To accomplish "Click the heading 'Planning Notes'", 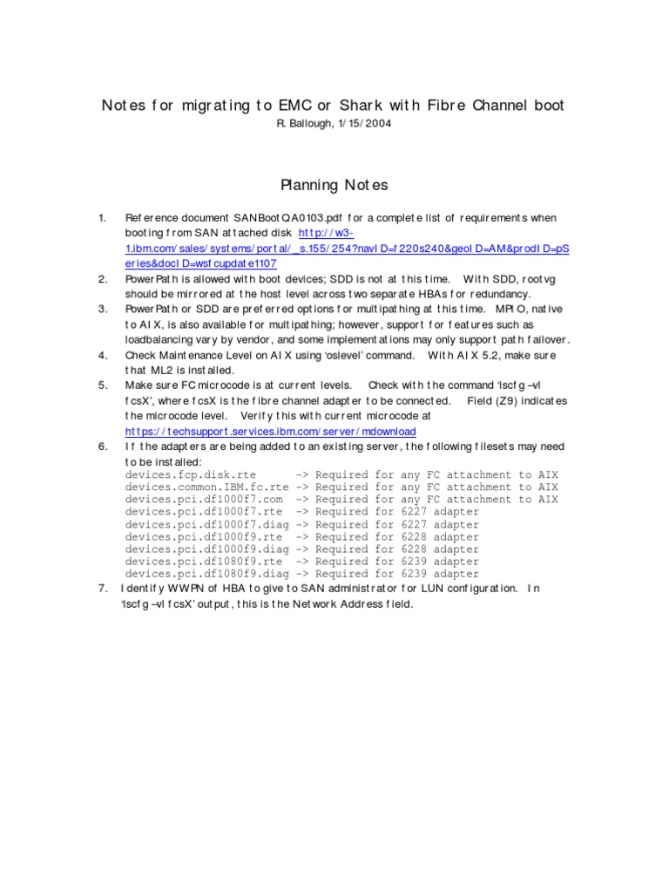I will (334, 185).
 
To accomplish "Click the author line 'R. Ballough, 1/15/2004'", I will (334, 124).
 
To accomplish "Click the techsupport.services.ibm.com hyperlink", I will (270, 432).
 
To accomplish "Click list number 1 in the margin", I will (102, 217).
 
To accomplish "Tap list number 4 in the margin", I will (102, 355).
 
